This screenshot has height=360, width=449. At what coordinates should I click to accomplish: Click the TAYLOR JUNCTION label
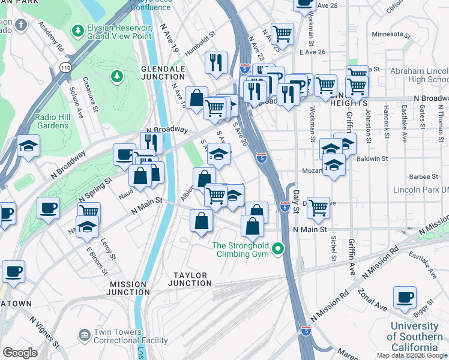click(190, 279)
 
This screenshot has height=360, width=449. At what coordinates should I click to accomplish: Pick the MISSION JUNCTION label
click(128, 288)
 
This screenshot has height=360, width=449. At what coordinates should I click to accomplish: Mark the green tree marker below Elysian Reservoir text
click(116, 76)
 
